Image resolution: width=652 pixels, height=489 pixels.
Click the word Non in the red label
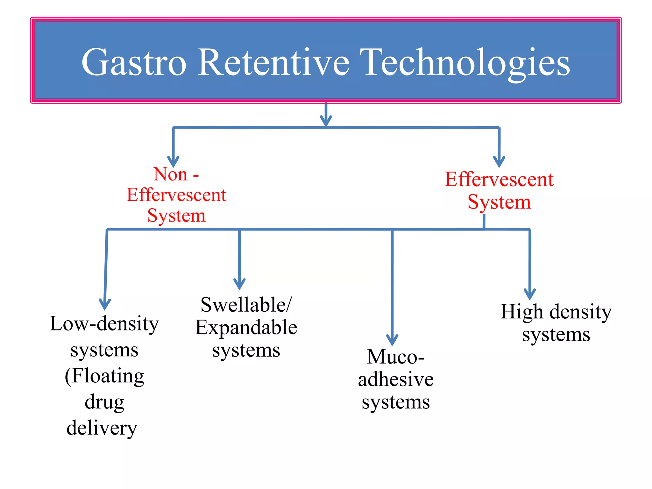click(170, 174)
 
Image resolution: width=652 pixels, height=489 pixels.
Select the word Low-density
click(104, 324)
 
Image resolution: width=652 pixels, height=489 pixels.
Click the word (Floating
click(104, 376)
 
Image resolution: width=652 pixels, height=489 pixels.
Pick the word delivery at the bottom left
click(102, 428)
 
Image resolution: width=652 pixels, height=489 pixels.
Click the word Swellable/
click(246, 305)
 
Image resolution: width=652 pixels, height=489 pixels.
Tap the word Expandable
click(246, 328)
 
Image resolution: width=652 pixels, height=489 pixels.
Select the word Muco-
click(396, 357)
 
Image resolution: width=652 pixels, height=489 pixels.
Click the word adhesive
click(396, 379)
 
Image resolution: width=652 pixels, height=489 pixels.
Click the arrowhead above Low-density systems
click(105, 304)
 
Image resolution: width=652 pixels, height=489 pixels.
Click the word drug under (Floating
click(104, 402)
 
